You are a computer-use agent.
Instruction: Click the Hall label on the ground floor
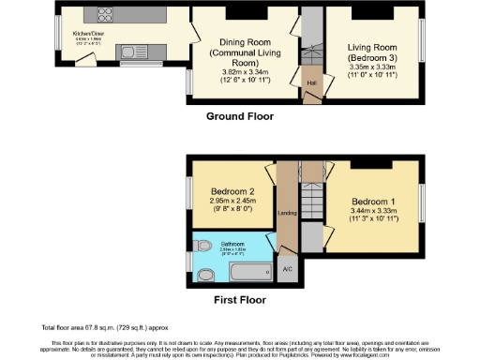(x=310, y=82)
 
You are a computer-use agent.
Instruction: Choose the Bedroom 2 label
(x=225, y=190)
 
